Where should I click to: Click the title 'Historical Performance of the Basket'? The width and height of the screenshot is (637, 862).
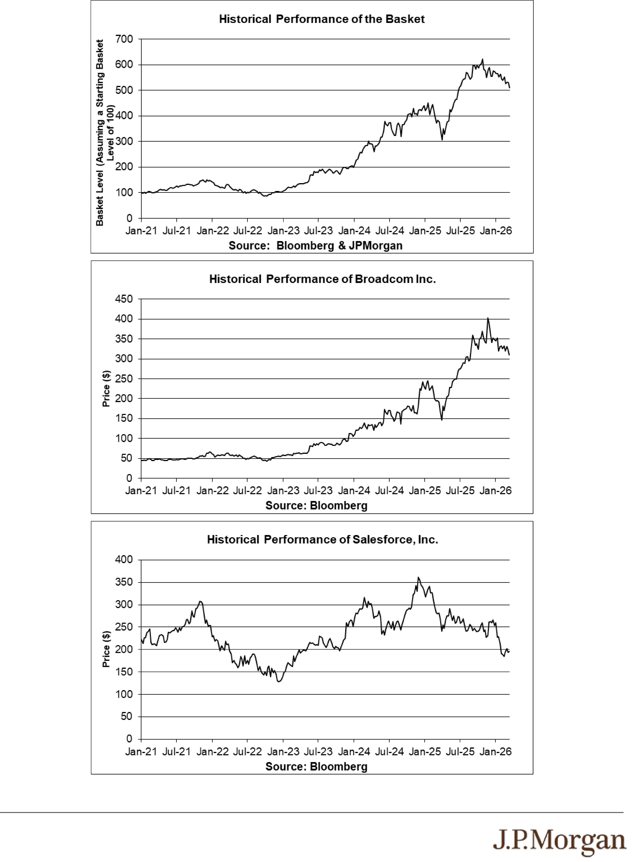[322, 19]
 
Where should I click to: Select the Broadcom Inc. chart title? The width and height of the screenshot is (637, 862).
[322, 279]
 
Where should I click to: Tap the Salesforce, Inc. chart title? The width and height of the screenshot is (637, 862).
[322, 540]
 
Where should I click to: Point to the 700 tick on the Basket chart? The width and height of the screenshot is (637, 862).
[124, 39]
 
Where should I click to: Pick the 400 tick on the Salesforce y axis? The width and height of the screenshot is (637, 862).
[124, 560]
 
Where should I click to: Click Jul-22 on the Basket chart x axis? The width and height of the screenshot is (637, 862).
[248, 231]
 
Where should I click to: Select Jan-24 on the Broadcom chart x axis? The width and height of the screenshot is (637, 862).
[354, 491]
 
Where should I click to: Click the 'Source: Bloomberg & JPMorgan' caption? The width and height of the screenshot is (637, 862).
[315, 246]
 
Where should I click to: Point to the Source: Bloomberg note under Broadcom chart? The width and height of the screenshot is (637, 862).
[316, 506]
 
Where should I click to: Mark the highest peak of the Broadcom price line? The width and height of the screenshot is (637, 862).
[488, 318]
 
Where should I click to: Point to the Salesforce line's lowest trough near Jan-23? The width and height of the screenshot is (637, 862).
[279, 682]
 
